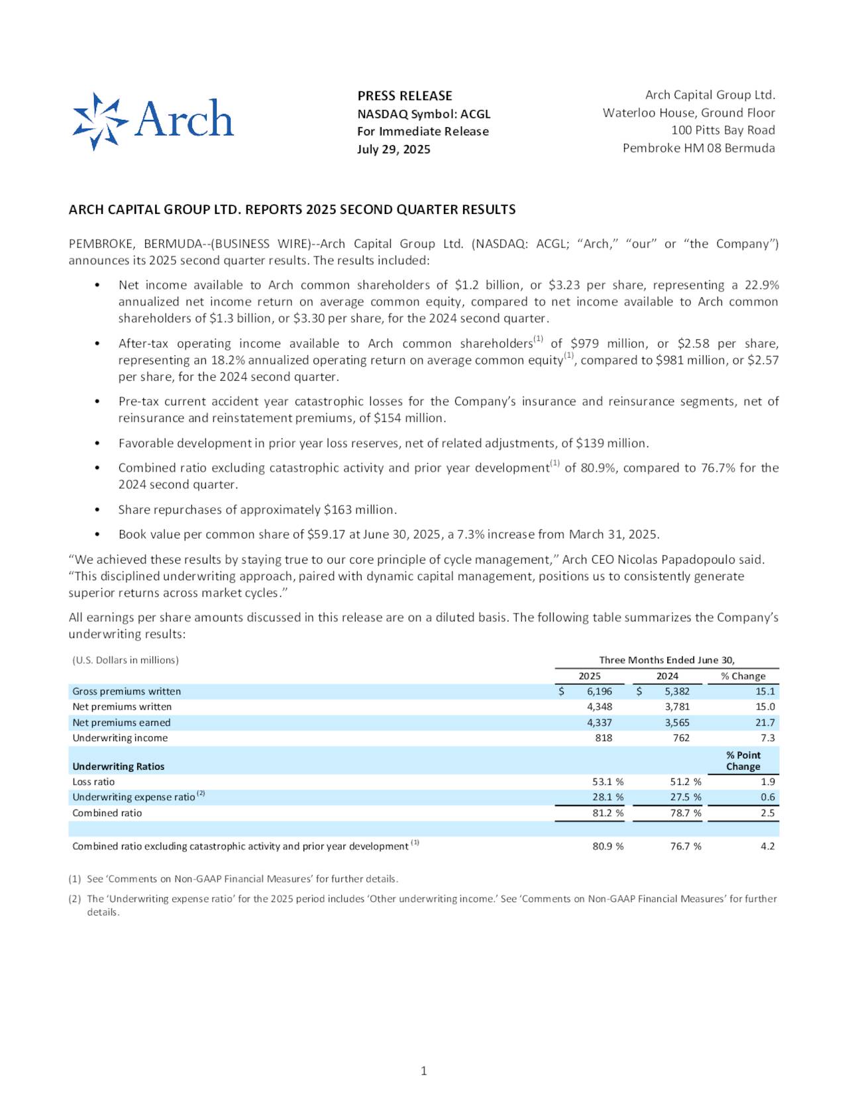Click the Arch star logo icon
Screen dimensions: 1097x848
[100, 121]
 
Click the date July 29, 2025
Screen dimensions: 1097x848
[394, 149]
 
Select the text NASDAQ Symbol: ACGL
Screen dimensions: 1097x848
[424, 114]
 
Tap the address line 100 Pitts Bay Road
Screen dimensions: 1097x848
[723, 130]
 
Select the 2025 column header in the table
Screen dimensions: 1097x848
[590, 676]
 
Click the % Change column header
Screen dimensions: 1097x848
[743, 676]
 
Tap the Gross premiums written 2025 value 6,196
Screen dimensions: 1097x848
[599, 691]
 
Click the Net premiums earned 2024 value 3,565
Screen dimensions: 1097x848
[676, 722]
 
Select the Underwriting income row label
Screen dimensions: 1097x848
[120, 737]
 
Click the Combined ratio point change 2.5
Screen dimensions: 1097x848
[767, 813]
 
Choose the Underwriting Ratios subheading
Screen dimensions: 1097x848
[118, 766]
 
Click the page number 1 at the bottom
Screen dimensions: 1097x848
[424, 1071]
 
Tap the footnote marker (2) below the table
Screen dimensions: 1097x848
[75, 899]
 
